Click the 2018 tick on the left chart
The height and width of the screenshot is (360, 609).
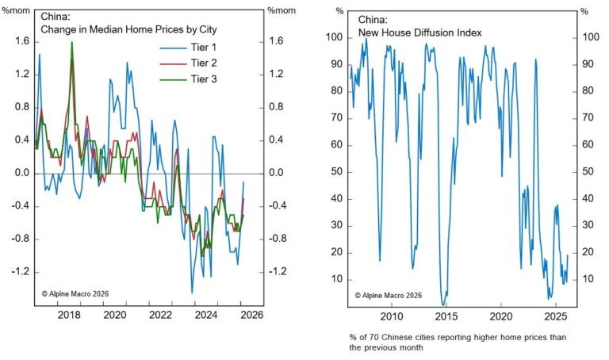tap(69, 314)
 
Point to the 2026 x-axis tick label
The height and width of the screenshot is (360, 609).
tap(251, 314)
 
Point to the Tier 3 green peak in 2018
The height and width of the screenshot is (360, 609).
tap(72, 44)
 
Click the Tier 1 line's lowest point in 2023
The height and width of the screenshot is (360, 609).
tap(192, 293)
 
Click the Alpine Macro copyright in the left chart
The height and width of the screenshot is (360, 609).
tap(75, 293)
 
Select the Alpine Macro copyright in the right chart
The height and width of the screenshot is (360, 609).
tap(389, 295)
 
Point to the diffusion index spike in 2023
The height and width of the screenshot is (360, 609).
tap(536, 59)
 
